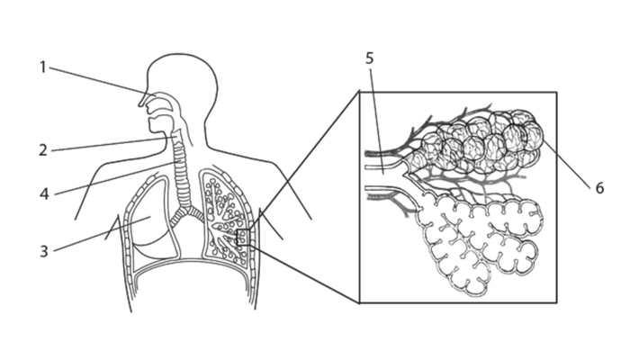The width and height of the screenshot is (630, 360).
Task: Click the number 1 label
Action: (x=42, y=67)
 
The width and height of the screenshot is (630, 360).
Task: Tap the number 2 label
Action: (x=43, y=150)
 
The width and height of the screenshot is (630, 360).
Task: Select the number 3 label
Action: (x=44, y=251)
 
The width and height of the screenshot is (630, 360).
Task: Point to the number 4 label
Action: (x=44, y=194)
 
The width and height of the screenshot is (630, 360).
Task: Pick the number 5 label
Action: (x=369, y=58)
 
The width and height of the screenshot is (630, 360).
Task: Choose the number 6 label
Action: (x=599, y=187)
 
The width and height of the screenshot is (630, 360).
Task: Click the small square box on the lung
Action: (x=244, y=237)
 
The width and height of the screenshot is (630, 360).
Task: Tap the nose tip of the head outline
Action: (x=140, y=104)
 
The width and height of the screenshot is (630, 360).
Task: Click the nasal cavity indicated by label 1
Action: (x=162, y=96)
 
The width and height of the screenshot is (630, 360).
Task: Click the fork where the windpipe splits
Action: (x=186, y=209)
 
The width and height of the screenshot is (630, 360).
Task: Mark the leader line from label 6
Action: (x=566, y=164)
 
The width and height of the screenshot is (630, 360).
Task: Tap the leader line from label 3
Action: (x=102, y=234)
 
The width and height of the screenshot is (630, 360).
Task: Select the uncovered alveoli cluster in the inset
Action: (x=478, y=245)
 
